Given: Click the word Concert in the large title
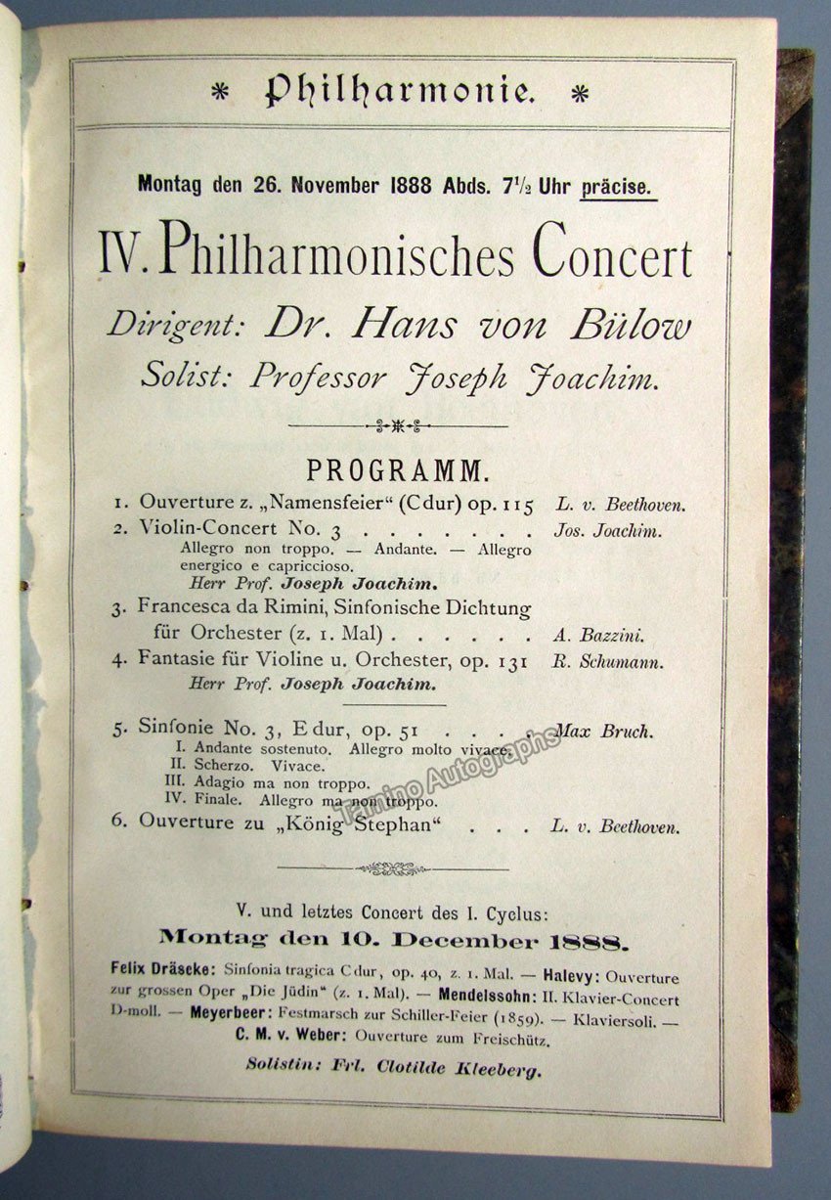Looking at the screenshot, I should click(612, 259).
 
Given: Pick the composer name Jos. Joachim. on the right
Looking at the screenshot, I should click(607, 532).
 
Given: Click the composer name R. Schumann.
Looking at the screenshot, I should click(621, 661).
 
